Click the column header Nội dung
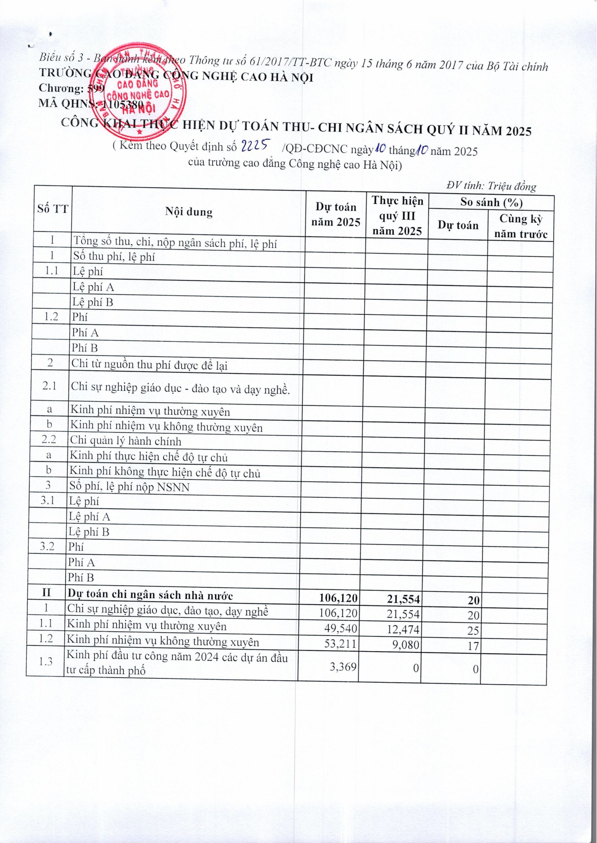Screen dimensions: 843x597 click(189, 212)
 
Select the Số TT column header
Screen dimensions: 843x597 click(53, 209)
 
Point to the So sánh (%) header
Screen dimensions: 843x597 click(491, 202)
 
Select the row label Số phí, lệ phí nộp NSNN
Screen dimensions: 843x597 click(129, 487)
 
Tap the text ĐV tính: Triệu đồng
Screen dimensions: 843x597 click(491, 186)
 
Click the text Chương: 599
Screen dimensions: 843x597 click(72, 88)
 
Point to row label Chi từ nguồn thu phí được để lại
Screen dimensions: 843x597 click(149, 366)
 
